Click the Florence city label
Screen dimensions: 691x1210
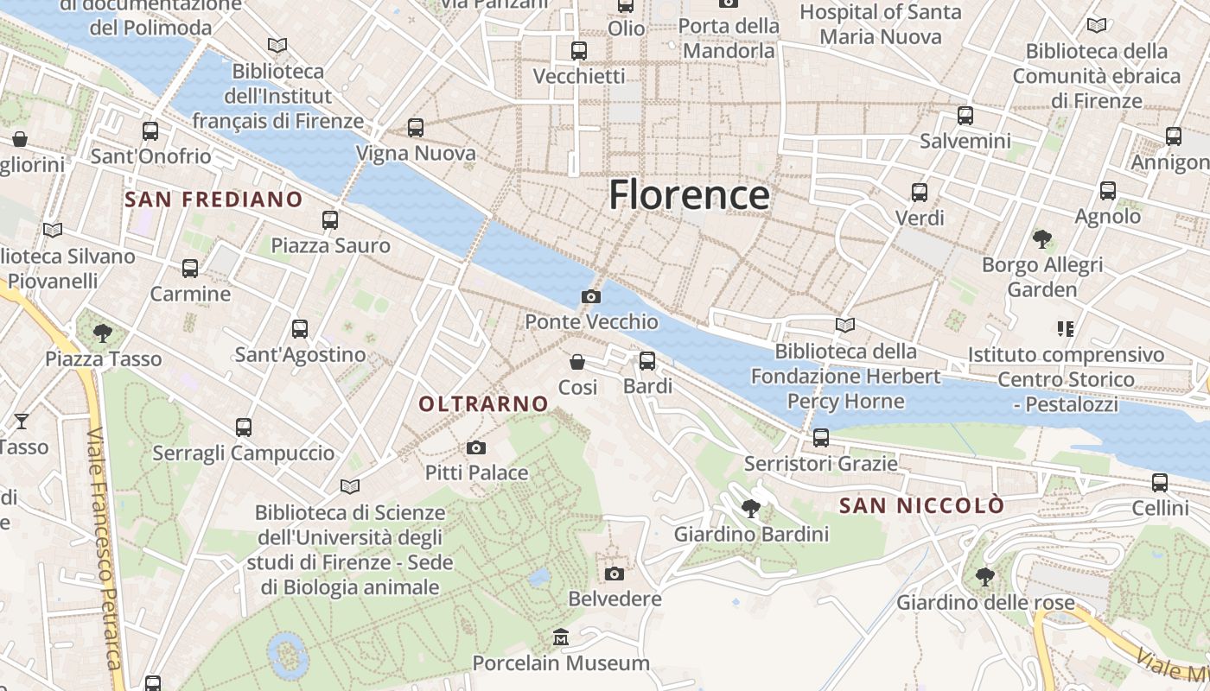pos(689,195)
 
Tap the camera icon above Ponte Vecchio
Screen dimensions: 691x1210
pos(591,297)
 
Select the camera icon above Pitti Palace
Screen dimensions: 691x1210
pos(475,447)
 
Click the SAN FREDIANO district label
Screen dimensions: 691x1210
pos(213,200)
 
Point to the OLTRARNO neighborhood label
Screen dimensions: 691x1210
pos(483,403)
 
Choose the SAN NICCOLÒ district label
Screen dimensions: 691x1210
pos(922,505)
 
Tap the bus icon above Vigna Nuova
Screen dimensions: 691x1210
pos(416,128)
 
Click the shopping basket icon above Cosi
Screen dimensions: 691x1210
pos(577,362)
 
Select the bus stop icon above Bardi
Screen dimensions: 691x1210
pos(647,361)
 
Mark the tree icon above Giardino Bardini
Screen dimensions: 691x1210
pos(751,509)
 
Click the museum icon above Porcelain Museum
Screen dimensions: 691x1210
pos(561,638)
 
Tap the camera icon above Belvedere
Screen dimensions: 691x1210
pos(615,574)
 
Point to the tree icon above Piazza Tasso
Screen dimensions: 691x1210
pos(103,333)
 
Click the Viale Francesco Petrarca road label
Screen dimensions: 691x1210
pos(105,548)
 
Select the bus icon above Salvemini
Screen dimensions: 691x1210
pos(965,115)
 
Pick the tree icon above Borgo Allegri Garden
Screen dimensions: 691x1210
pos(1042,238)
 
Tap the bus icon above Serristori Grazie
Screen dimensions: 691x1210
pos(821,438)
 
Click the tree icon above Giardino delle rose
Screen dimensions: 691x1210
pos(984,576)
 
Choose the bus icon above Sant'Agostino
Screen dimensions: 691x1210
pos(300,329)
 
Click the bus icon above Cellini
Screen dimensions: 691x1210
pos(1160,483)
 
